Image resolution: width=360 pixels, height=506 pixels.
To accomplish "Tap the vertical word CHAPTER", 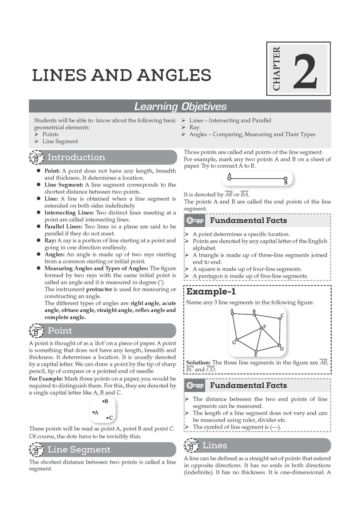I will click(x=276, y=69).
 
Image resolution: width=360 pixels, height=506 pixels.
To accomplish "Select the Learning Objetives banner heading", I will click(x=180, y=106).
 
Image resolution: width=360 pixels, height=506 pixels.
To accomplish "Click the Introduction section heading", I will click(x=76, y=157).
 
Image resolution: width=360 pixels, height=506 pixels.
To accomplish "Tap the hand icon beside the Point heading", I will click(x=36, y=331).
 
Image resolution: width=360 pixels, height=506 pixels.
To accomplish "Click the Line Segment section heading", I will click(x=79, y=449).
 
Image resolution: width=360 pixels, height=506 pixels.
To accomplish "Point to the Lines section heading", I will click(x=215, y=445).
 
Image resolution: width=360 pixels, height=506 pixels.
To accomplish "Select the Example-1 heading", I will click(x=211, y=291).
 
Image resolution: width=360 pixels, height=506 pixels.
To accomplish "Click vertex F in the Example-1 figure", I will click(x=261, y=328).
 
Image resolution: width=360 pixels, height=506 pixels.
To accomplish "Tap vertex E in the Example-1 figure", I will click(x=256, y=350).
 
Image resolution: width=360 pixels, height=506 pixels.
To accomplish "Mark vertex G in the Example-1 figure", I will click(x=237, y=340).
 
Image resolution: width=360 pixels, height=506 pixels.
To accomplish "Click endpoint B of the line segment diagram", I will click(x=285, y=179).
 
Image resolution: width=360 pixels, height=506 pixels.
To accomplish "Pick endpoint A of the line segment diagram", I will click(x=229, y=179).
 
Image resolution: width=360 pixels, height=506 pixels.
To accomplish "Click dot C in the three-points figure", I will click(x=107, y=418).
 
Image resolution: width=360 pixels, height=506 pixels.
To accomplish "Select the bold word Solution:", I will click(x=198, y=362).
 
